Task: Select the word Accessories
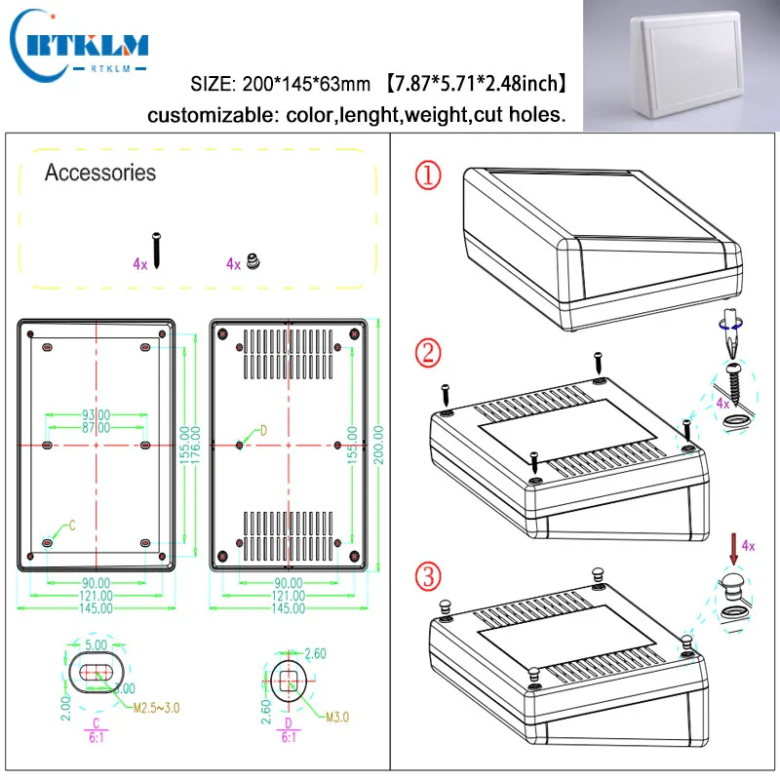[x=99, y=174]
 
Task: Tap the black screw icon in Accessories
[x=156, y=252]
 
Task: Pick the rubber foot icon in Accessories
[x=253, y=262]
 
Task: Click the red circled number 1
[x=427, y=176]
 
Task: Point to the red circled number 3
[x=427, y=577]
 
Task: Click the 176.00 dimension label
[x=196, y=446]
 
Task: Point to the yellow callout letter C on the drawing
[x=71, y=526]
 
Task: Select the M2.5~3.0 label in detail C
[x=156, y=707]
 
